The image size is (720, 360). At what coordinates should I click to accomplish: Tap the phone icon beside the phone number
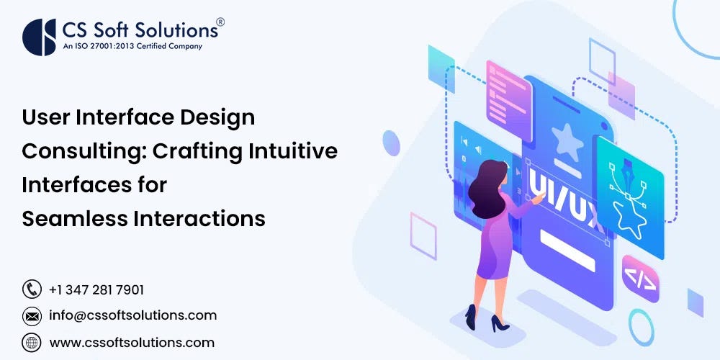[32, 289]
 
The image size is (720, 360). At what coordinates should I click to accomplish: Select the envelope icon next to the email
[32, 315]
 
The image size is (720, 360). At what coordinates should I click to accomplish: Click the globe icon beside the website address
[32, 342]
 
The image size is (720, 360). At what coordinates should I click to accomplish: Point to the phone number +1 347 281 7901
[96, 289]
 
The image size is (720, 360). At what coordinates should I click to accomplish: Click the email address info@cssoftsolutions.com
[132, 315]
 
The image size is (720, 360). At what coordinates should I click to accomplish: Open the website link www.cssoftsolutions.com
[132, 342]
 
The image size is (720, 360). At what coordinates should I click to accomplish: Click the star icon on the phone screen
[567, 140]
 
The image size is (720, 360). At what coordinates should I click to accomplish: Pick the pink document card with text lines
[508, 93]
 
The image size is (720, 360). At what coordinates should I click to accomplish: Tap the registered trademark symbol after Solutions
[220, 22]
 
